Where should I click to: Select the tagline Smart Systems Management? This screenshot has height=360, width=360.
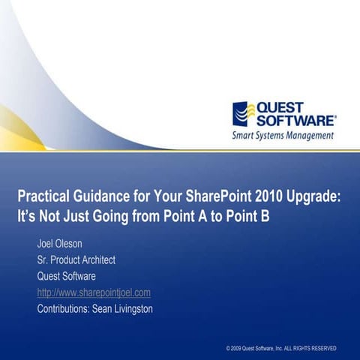[283, 136]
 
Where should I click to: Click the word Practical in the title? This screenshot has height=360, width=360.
[45, 196]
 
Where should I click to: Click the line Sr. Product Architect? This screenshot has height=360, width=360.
[76, 260]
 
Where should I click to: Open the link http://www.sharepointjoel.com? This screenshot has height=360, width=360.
[94, 292]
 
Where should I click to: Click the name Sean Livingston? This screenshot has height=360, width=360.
[121, 308]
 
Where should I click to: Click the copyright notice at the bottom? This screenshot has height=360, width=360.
[280, 349]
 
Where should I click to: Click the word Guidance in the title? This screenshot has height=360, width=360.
[103, 196]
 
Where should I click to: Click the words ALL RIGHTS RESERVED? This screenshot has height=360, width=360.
[310, 349]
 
